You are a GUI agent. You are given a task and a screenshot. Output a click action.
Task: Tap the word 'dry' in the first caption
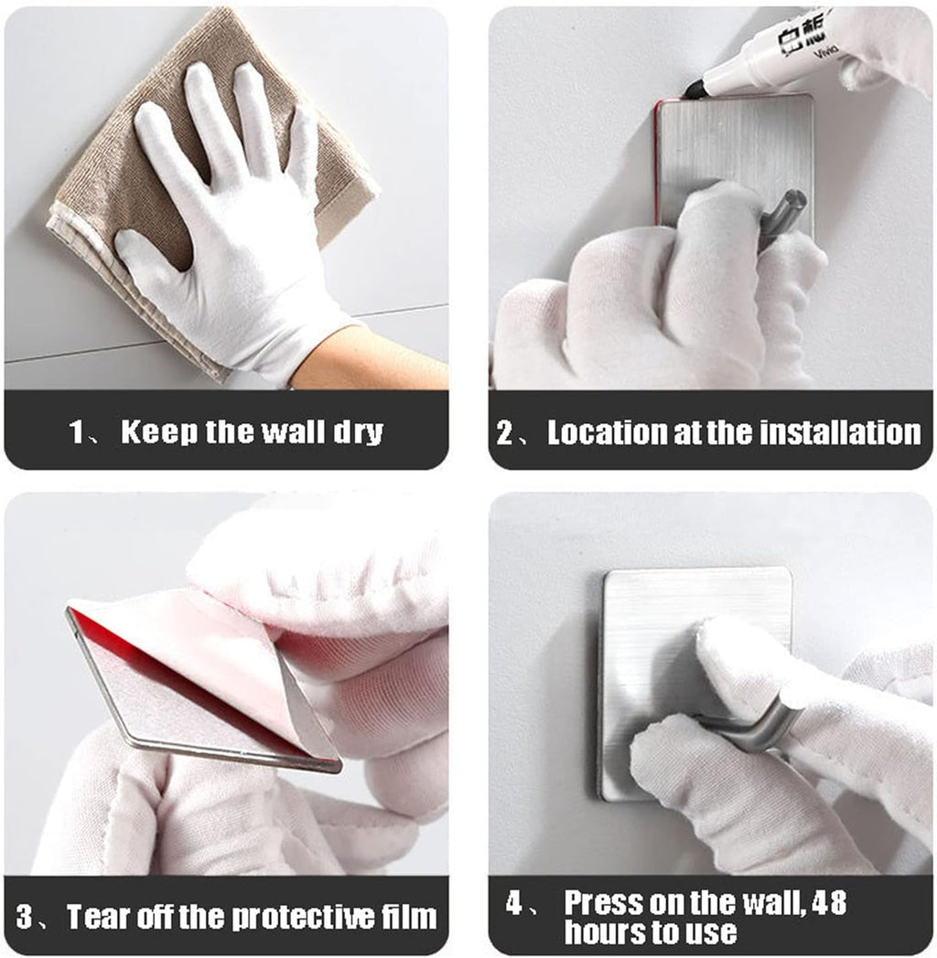359,432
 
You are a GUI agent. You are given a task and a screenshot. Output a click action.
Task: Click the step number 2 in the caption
505,432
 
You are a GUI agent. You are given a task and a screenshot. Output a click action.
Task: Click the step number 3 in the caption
25,917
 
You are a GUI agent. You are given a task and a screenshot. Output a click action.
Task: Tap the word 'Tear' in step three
97,917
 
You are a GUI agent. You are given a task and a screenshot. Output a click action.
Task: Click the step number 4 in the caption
514,902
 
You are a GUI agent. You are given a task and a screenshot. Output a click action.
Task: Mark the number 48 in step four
830,902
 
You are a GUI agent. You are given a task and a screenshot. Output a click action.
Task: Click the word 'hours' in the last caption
602,931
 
